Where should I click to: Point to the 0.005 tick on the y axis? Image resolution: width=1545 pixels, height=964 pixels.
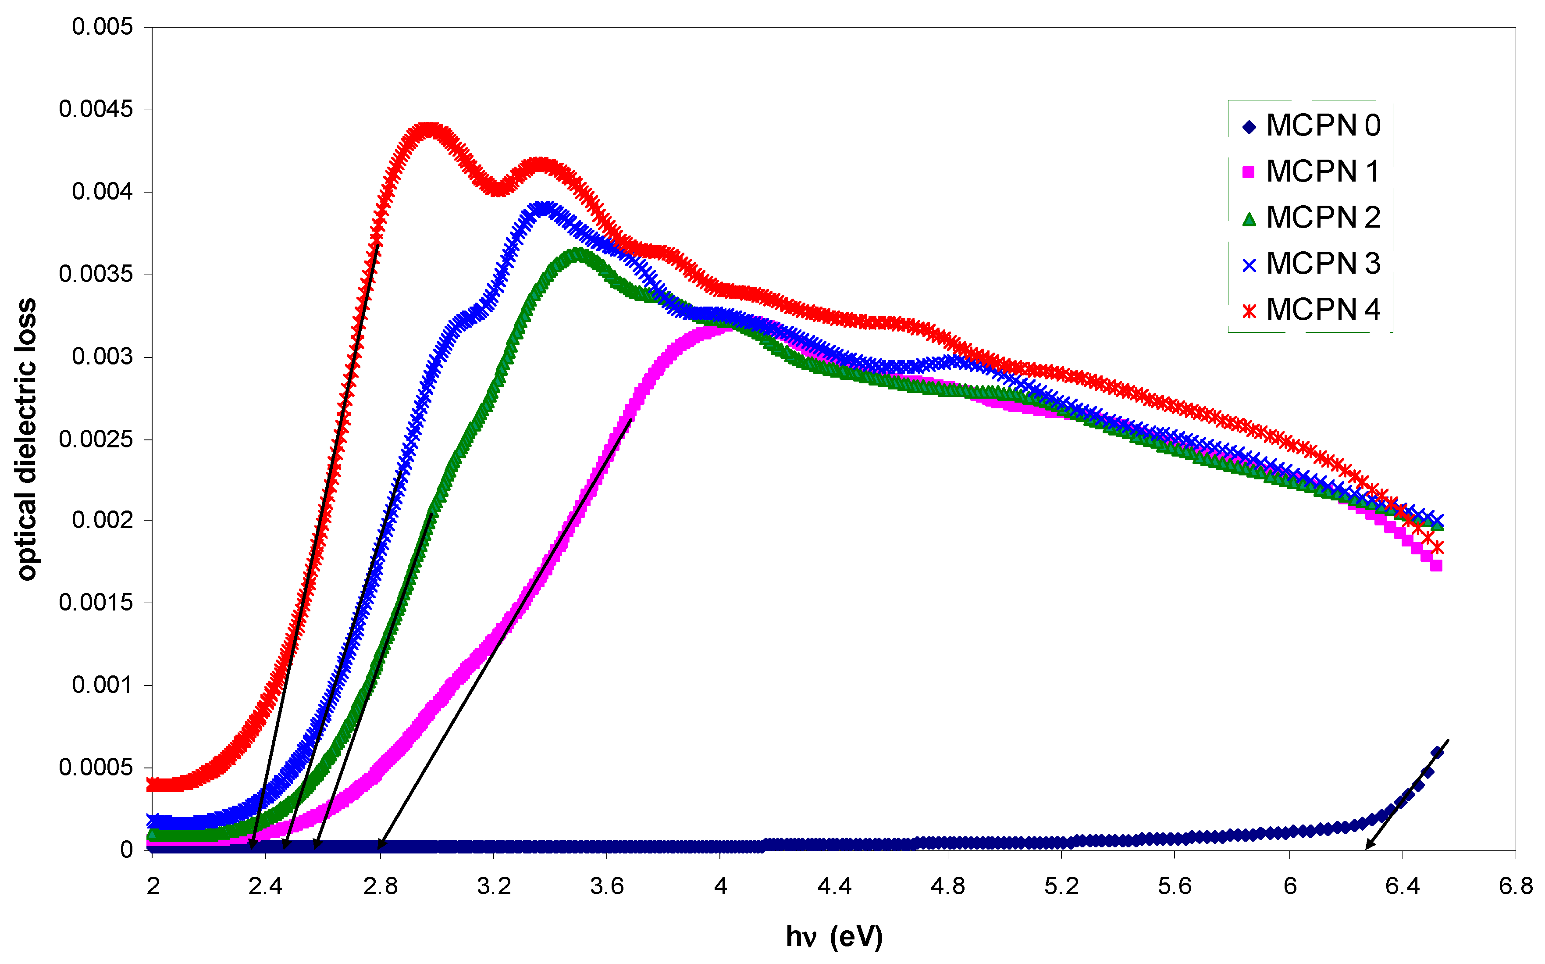point(102,27)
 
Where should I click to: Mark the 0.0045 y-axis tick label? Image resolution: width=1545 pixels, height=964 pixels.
point(96,109)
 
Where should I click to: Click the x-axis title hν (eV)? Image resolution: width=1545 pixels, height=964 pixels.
point(834,936)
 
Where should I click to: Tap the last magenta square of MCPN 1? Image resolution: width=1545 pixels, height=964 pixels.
point(1436,565)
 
